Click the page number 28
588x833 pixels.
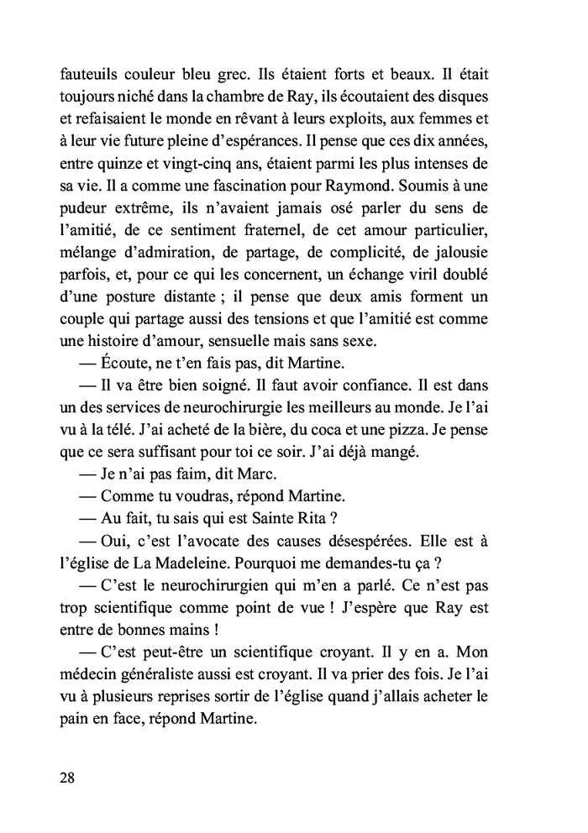click(68, 777)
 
